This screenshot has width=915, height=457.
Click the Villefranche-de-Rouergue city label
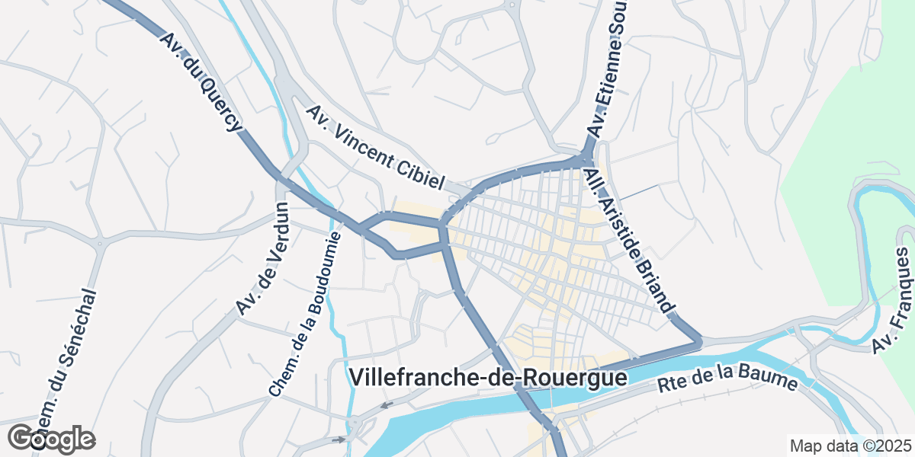[488, 378]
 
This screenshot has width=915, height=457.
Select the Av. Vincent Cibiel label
[375, 148]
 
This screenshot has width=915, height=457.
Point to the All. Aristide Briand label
[629, 241]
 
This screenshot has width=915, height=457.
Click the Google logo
[52, 439]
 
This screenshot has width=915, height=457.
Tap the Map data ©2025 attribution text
[849, 446]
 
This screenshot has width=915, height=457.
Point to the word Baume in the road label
[772, 378]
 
